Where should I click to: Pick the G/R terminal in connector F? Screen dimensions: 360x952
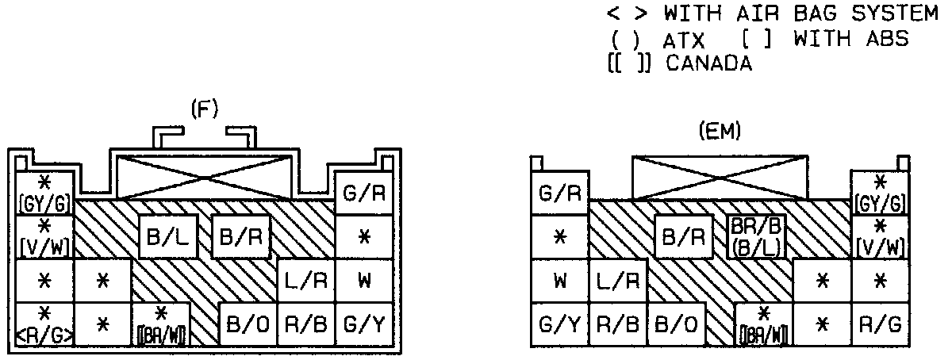(x=364, y=193)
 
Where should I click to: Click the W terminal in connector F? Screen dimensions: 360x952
(x=364, y=281)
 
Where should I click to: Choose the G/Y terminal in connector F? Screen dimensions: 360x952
(x=364, y=324)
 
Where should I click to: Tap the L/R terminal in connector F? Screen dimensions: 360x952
(x=305, y=281)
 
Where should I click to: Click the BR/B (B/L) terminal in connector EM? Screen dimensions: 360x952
(x=757, y=236)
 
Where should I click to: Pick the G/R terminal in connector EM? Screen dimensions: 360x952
(x=559, y=193)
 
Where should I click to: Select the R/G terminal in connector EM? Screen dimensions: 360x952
(x=879, y=324)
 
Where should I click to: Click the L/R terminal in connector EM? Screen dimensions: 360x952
(x=618, y=281)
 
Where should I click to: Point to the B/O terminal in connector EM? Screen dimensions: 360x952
(x=677, y=324)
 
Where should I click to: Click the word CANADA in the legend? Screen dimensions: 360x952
(x=708, y=64)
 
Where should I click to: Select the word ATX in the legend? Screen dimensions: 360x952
(x=682, y=40)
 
